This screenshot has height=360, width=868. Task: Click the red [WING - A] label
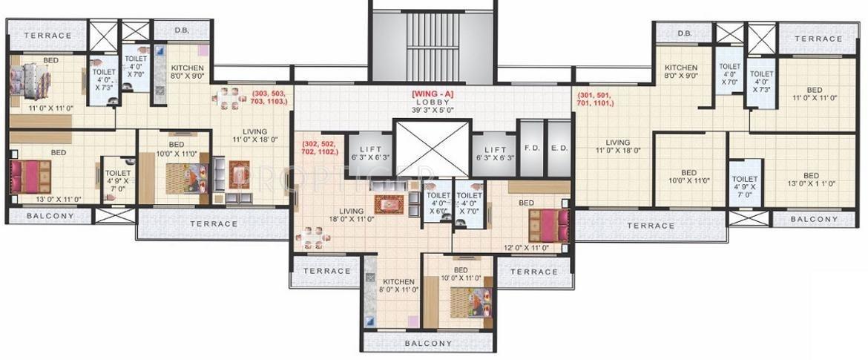click(x=433, y=94)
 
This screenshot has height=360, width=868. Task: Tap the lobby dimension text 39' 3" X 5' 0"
click(x=433, y=110)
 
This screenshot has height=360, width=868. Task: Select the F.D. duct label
click(x=531, y=148)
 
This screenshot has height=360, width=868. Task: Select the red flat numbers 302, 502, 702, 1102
click(x=320, y=146)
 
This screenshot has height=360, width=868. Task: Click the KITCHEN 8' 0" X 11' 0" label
click(x=398, y=286)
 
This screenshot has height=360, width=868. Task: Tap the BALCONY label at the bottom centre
click(x=430, y=344)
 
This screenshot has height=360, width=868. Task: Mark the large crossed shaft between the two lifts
click(x=433, y=148)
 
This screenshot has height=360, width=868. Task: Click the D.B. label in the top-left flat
click(x=181, y=30)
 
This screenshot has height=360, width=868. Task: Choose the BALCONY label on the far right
click(x=814, y=219)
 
